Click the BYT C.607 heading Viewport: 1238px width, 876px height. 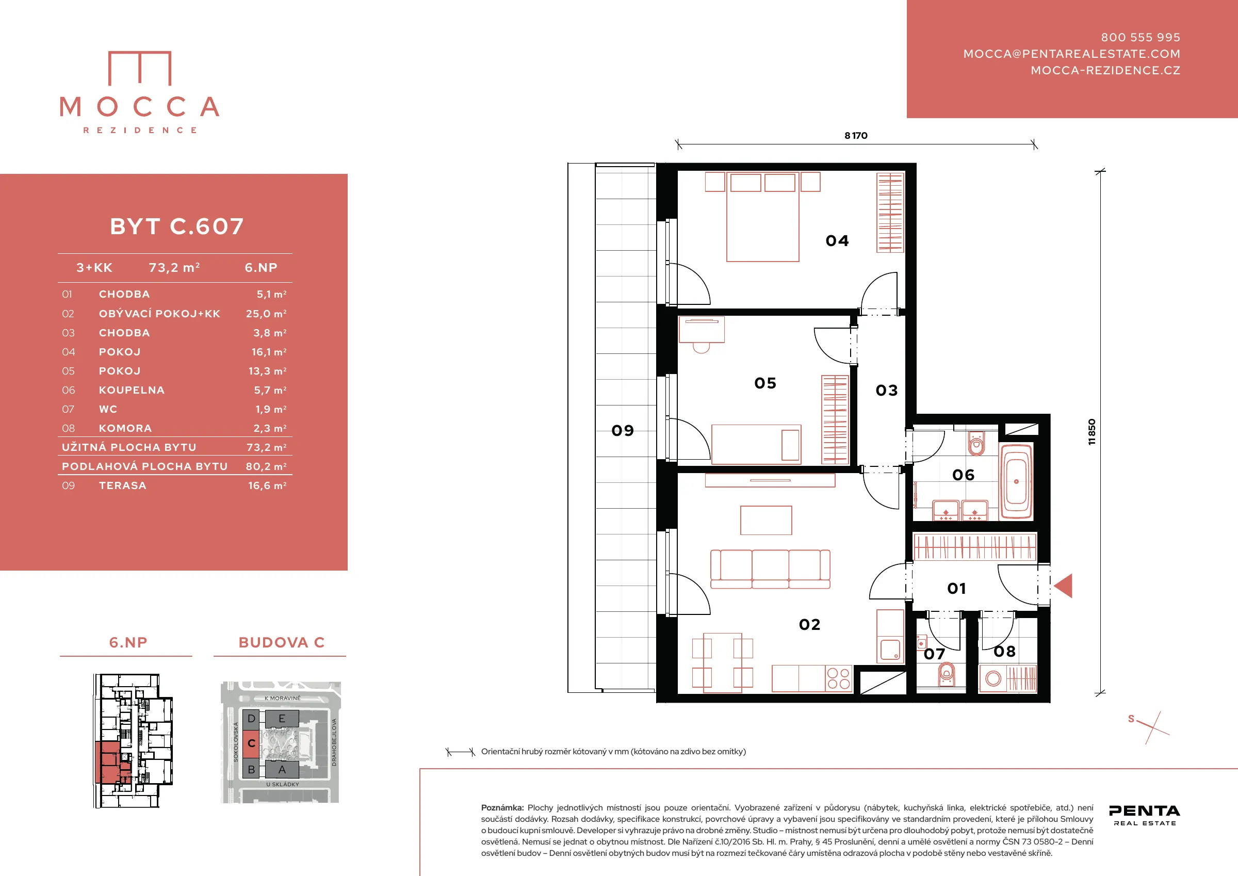point(177,226)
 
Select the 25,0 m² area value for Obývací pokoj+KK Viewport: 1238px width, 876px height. point(266,313)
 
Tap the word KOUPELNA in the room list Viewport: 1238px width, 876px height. point(132,390)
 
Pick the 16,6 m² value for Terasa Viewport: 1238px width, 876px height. point(267,485)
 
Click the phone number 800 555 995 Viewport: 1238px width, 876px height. point(1141,37)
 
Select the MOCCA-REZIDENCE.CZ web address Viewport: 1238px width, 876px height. point(1105,70)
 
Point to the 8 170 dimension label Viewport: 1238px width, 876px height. point(856,135)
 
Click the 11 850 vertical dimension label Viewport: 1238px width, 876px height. point(1092,431)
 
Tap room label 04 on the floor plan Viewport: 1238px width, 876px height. point(837,240)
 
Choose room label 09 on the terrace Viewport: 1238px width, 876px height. point(622,430)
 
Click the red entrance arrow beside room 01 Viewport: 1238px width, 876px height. point(1063,586)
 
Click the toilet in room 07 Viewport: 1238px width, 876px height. point(946,674)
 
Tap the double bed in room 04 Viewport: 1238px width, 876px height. point(762,217)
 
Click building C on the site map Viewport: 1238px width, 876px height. point(251,743)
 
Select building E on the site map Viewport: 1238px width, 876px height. point(282,719)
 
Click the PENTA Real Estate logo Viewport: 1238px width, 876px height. point(1145,815)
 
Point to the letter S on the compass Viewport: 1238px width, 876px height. point(1131,719)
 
